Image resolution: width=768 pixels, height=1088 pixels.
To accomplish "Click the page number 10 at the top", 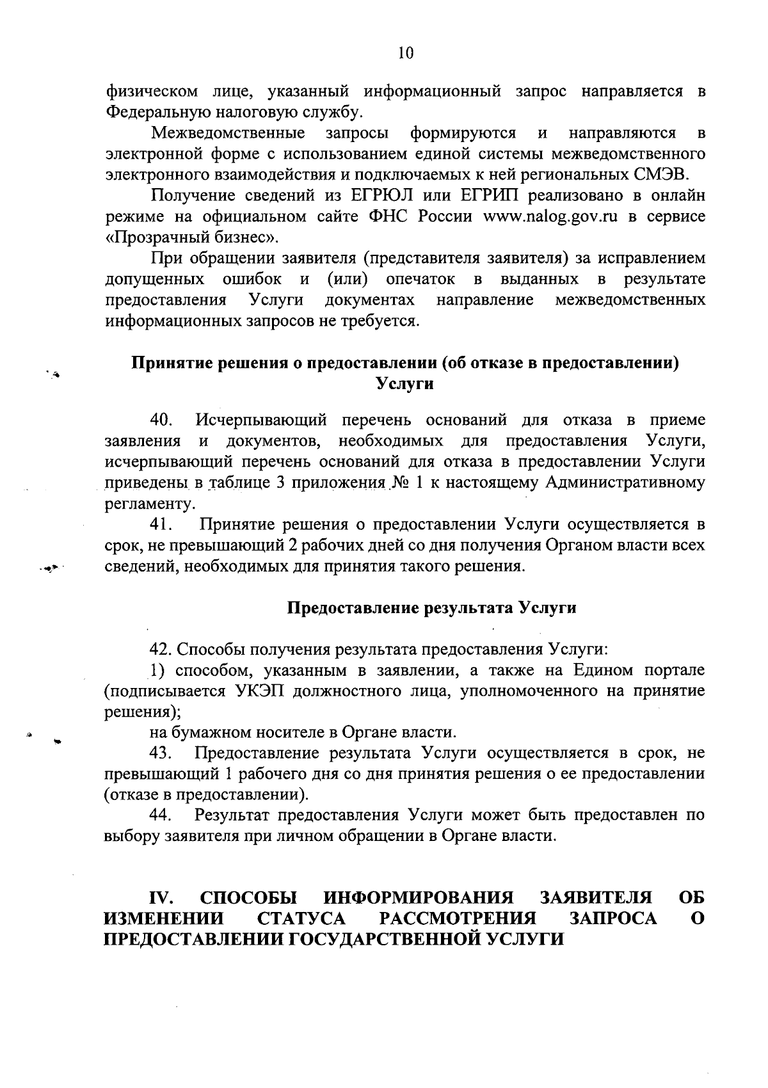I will point(405,53).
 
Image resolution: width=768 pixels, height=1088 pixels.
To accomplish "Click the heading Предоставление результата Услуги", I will point(430,607).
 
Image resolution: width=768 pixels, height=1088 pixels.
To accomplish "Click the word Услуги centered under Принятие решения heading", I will point(404,384).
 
